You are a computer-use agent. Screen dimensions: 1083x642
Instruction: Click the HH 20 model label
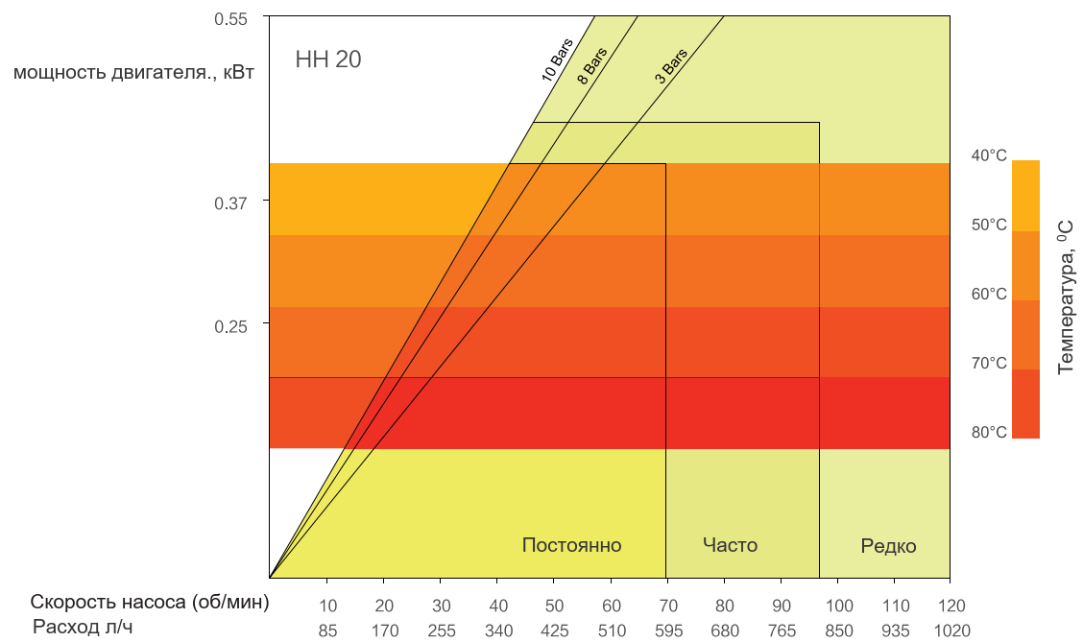pyautogui.click(x=328, y=59)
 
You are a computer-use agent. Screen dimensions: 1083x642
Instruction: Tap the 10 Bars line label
pyautogui.click(x=557, y=60)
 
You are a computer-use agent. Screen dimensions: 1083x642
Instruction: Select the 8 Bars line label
pyautogui.click(x=592, y=66)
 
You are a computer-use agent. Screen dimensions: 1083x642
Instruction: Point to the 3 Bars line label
pyautogui.click(x=671, y=66)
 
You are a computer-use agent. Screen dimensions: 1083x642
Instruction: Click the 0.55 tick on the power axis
pyautogui.click(x=230, y=18)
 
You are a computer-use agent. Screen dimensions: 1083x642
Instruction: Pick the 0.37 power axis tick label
pyautogui.click(x=230, y=202)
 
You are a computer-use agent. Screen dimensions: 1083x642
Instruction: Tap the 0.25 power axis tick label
pyautogui.click(x=230, y=326)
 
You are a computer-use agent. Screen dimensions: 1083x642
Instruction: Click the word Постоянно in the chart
pyautogui.click(x=572, y=545)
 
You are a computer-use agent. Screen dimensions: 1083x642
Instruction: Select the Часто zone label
pyautogui.click(x=730, y=545)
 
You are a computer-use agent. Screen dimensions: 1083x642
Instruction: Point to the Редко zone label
pyautogui.click(x=888, y=546)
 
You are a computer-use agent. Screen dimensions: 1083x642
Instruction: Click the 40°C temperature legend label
pyautogui.click(x=989, y=155)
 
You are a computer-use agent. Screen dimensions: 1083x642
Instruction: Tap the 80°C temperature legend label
pyautogui.click(x=989, y=432)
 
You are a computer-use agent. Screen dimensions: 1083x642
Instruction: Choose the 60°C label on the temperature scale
pyautogui.click(x=989, y=294)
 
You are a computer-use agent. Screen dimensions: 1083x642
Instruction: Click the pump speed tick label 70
pyautogui.click(x=668, y=606)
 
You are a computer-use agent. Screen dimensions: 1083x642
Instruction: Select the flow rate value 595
pyautogui.click(x=668, y=630)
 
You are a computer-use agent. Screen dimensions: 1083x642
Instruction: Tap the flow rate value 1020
pyautogui.click(x=951, y=630)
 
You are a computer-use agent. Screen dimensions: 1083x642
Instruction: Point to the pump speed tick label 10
pyautogui.click(x=327, y=606)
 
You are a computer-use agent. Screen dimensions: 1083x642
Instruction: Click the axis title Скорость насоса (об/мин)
pyautogui.click(x=149, y=602)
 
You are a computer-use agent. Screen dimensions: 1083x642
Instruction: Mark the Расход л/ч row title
pyautogui.click(x=83, y=627)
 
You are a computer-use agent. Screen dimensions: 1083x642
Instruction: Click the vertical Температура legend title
pyautogui.click(x=1066, y=297)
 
